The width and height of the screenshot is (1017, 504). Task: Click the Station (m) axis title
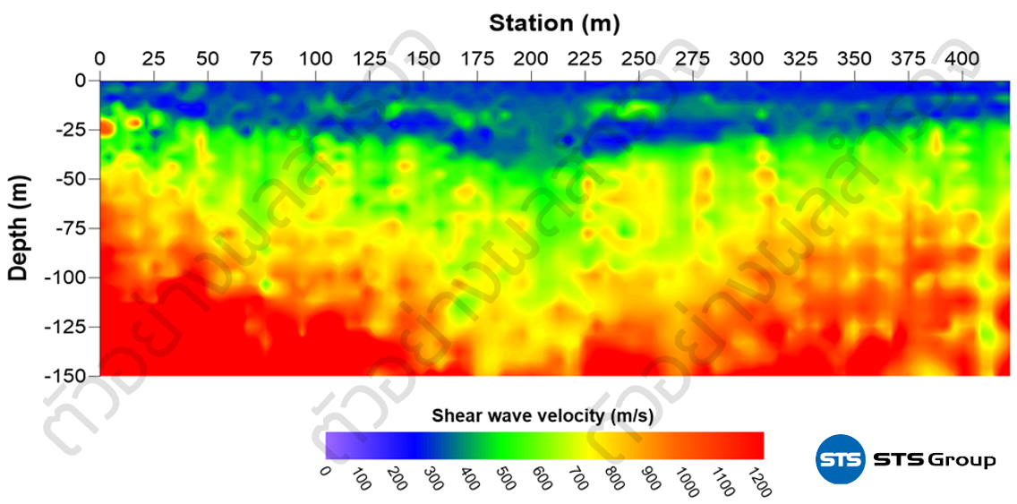click(554, 22)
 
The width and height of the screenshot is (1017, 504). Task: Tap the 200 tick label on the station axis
click(531, 59)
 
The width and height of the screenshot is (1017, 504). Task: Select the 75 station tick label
click(261, 59)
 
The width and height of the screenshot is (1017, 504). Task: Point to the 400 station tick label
click(962, 59)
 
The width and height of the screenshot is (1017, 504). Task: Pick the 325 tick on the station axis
click(800, 59)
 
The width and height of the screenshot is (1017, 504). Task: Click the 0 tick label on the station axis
click(99, 59)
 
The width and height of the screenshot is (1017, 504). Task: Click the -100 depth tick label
click(65, 278)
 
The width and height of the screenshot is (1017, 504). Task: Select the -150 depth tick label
click(65, 375)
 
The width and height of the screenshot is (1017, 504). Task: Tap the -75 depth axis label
click(69, 228)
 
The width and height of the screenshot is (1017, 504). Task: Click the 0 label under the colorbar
click(326, 472)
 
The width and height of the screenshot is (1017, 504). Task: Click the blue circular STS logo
click(839, 460)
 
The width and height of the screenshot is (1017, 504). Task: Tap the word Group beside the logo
click(961, 461)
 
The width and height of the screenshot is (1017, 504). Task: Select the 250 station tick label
click(638, 59)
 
